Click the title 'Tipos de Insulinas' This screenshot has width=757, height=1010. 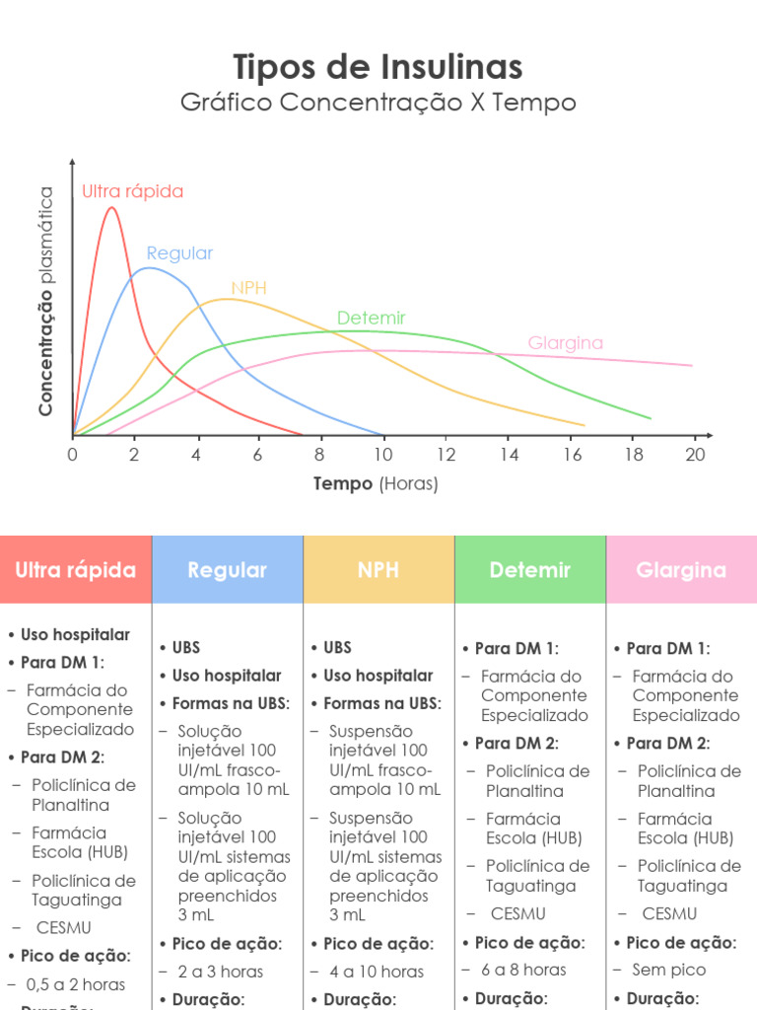pos(378,67)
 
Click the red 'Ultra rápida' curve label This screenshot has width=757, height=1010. pos(132,191)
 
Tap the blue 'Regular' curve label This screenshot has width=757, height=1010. pos(179,252)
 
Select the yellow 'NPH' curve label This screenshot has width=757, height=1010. pos(248,288)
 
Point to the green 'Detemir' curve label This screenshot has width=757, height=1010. pos(371,318)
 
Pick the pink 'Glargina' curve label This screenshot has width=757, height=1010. pos(565,343)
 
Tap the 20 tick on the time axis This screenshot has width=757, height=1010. pos(695,454)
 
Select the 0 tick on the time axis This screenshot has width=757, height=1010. pos(72,454)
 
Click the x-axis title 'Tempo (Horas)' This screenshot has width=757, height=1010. pos(376,483)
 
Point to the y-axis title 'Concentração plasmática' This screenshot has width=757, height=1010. pos(46,301)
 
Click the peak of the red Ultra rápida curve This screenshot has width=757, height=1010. pos(111,207)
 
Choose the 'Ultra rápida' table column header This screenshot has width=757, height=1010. pos(76,570)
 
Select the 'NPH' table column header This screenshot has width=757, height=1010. pos(378,570)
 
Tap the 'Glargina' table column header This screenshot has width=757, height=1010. pos(681,570)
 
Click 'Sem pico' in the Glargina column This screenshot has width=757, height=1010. pos(669,970)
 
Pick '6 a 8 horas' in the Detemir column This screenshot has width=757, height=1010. pos(523,970)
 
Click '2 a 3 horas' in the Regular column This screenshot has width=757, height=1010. pos(221,972)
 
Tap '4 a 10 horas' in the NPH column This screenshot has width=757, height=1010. pos(377,972)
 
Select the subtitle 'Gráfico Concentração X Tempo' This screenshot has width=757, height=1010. pos(378,103)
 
